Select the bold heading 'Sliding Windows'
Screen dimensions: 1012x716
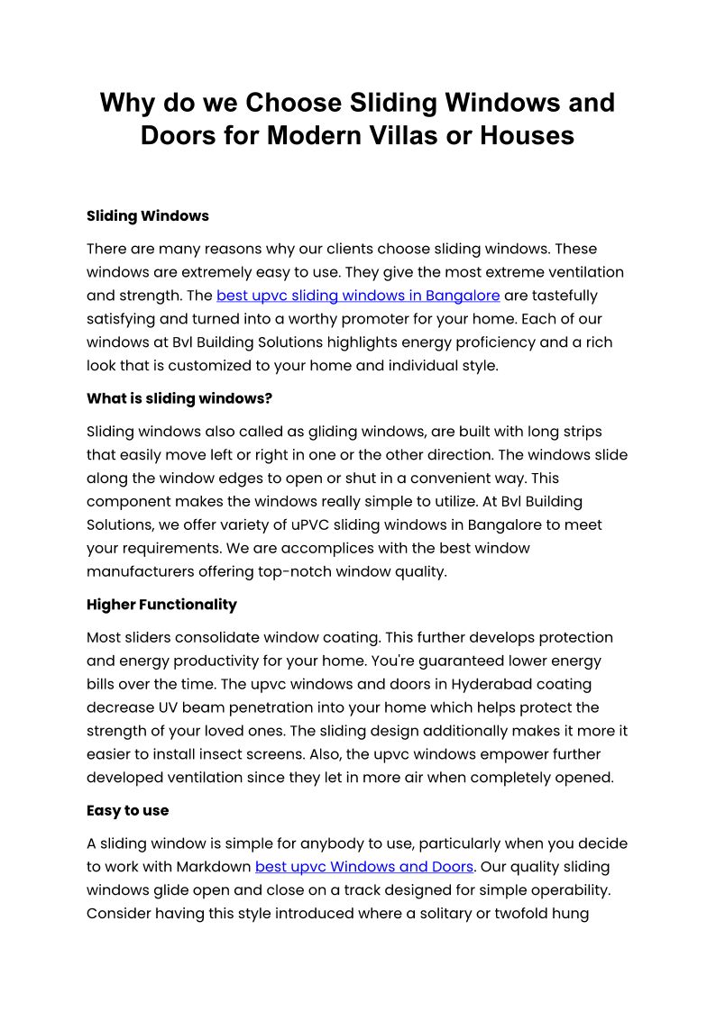pyautogui.click(x=148, y=216)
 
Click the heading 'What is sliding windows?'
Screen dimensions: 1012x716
pyautogui.click(x=179, y=398)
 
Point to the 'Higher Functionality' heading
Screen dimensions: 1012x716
pyautogui.click(x=161, y=605)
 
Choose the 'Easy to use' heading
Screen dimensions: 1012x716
pyautogui.click(x=127, y=810)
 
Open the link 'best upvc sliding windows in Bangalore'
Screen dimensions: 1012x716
pyautogui.click(x=358, y=296)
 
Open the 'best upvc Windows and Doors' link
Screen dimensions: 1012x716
pyautogui.click(x=364, y=867)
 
